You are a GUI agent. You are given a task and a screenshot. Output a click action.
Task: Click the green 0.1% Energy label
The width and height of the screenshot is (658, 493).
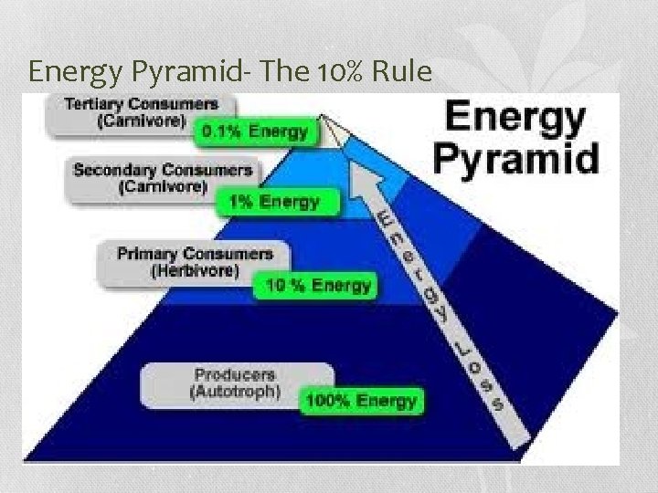click(x=257, y=131)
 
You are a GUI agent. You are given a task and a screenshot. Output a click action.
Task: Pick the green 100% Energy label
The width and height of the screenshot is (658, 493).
click(x=360, y=399)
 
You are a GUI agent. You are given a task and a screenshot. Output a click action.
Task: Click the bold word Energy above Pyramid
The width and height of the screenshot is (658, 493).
click(x=515, y=119)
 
